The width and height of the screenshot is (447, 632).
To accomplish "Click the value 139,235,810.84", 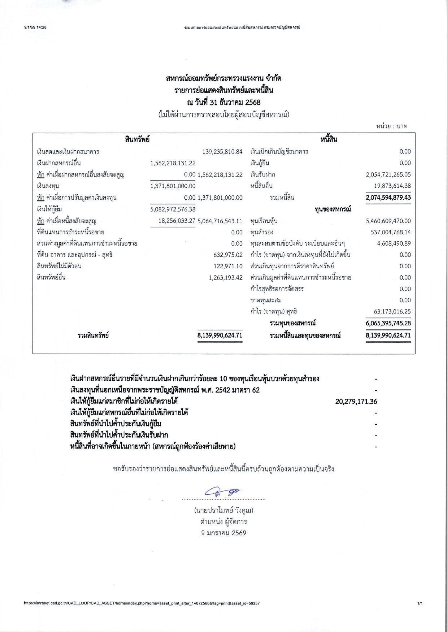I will [x=222, y=152].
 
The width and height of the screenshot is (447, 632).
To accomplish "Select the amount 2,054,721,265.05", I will [x=388, y=174].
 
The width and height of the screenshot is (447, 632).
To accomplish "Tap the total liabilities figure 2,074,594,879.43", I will [x=388, y=198].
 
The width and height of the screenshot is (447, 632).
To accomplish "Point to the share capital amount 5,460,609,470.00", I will [x=388, y=221].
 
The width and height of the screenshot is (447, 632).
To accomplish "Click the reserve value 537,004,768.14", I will [x=390, y=232].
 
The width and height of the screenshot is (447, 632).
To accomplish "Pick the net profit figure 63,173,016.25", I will [x=392, y=312].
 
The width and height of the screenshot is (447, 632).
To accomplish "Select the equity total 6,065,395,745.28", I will [x=388, y=323].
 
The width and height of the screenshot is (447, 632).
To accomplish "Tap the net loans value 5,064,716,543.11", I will [x=220, y=221].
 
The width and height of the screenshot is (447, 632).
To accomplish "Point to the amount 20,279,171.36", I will [x=356, y=401].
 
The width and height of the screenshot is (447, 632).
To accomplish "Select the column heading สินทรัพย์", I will [x=137, y=139].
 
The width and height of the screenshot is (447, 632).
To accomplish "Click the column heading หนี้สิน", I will [x=329, y=139].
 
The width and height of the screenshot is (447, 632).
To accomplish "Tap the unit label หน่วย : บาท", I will [x=391, y=126].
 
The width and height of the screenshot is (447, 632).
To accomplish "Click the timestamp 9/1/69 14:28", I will [x=35, y=27].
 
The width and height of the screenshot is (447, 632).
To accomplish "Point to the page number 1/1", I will [x=420, y=603].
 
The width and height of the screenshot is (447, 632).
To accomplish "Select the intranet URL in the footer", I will [x=142, y=603].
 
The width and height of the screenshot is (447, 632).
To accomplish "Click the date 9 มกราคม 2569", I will [x=223, y=533].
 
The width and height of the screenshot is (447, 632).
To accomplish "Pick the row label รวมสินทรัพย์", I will [x=93, y=336].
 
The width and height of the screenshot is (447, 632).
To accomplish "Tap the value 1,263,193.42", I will [x=226, y=278].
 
